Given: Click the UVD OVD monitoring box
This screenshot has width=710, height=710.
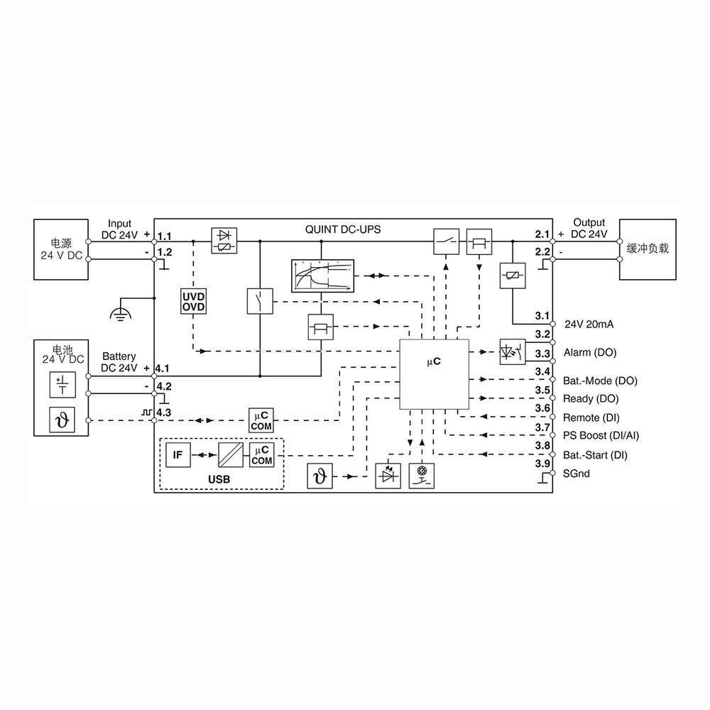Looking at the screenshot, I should pos(193,301).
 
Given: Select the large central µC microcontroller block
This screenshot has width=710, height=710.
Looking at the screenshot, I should pos(434,373).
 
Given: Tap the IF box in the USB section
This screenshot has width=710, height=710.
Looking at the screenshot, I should pos(178,454).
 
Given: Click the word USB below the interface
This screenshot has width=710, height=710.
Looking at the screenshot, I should pos(219,479).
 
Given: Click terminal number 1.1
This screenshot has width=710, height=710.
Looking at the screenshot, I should pos(164,235).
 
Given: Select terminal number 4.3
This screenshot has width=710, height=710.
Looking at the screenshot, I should pos(164,412).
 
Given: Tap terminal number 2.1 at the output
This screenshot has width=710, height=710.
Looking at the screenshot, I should pos(542,234).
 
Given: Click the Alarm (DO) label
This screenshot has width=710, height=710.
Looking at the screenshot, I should pos(590,352).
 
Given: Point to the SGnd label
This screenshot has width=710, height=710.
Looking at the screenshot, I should pos(576,474).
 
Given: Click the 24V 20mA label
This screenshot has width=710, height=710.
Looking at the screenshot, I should pos(589,324).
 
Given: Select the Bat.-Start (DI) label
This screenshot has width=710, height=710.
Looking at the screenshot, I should pos(595,454).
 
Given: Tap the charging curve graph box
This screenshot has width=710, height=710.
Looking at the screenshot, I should pos(322,275).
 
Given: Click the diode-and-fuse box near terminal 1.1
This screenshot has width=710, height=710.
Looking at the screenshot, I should pos(225,241).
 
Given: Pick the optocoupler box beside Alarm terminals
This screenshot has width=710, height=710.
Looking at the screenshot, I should pos(513,351).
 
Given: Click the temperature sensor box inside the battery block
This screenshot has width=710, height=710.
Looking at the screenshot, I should pos(60,420).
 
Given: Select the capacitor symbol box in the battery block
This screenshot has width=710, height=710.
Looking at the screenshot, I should pos(60,385).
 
